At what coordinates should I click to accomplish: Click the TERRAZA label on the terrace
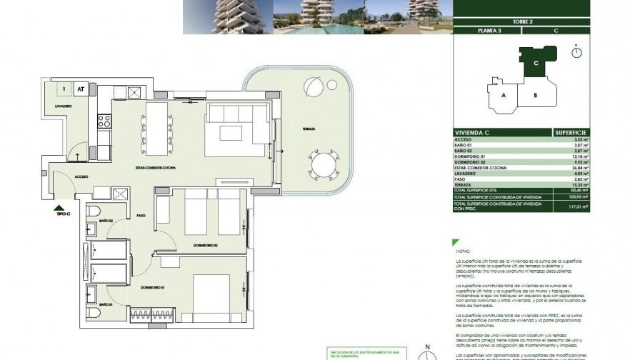click(309, 129)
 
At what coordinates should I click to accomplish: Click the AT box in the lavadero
click(81, 90)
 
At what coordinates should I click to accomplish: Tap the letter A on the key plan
click(504, 95)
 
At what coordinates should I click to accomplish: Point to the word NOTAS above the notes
click(464, 251)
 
